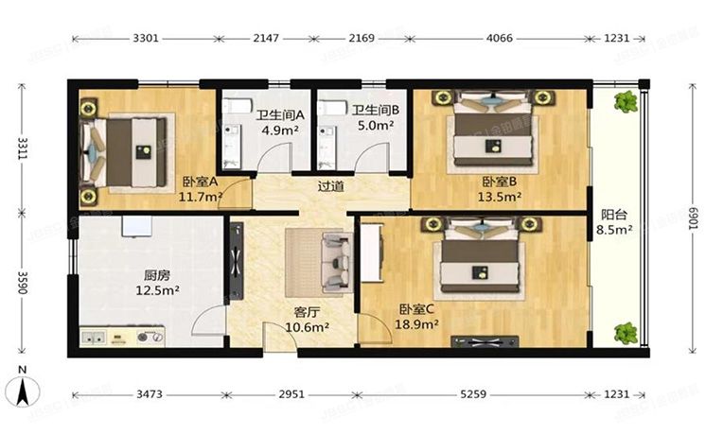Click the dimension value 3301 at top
point(146,38)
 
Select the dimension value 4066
point(499,38)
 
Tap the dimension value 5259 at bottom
point(473,394)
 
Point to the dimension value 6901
point(694,218)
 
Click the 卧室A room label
point(201,183)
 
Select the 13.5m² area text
point(500,197)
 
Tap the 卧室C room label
point(416,309)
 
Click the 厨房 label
point(157,275)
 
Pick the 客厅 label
point(307,312)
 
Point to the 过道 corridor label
point(331,185)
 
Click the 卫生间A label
point(280,115)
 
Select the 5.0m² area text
point(376,125)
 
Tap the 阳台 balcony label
point(613,215)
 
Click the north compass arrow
point(23,391)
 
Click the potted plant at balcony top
point(626,102)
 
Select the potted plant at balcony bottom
point(626,334)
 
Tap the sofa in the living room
point(337,263)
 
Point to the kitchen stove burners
point(150,337)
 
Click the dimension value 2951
point(291,394)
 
